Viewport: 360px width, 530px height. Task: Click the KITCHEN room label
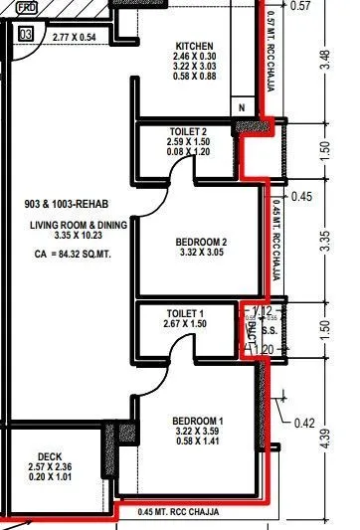(195, 46)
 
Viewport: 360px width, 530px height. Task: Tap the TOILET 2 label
(187, 131)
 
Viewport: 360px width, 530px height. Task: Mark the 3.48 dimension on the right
(341, 59)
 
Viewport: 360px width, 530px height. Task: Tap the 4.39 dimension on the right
(341, 439)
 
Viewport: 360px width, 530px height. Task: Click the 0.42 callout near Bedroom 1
(307, 422)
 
